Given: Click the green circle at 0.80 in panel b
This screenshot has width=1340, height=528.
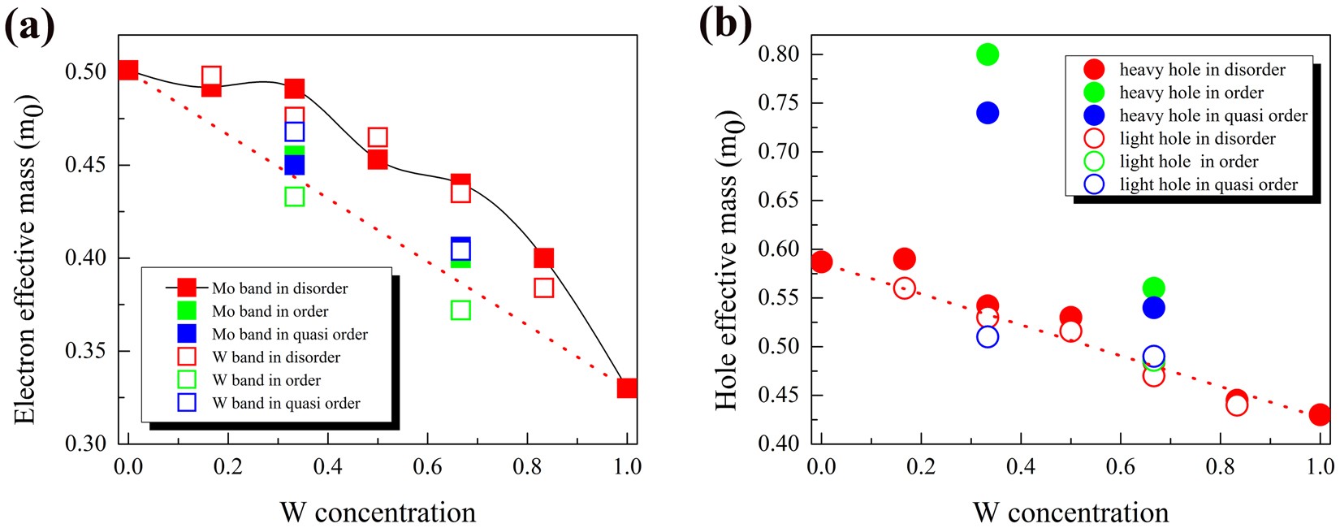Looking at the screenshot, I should click(987, 54).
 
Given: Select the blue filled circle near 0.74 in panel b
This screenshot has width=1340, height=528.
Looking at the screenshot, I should click(987, 113).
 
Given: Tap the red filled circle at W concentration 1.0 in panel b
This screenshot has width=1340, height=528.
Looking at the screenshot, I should click(1320, 414).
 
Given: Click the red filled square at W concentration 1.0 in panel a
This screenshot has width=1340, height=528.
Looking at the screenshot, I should click(626, 387).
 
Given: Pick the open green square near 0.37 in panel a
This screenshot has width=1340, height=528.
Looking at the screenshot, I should click(460, 309).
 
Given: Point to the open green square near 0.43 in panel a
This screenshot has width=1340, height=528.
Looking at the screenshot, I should click(295, 197).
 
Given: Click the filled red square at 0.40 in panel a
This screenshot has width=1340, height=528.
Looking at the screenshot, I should click(543, 258).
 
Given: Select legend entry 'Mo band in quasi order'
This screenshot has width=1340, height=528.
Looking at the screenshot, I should click(289, 334).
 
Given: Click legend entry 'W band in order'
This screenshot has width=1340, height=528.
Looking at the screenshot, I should click(266, 380).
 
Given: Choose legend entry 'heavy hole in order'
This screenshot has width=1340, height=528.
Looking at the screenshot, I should click(1191, 93).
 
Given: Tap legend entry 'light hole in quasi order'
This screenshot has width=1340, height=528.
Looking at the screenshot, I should click(1208, 184).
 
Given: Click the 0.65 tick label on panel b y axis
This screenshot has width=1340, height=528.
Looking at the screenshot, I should click(778, 201).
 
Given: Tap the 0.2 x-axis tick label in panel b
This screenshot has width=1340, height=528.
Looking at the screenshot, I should click(921, 466).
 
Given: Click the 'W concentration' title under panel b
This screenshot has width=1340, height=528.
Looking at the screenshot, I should click(1070, 512).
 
